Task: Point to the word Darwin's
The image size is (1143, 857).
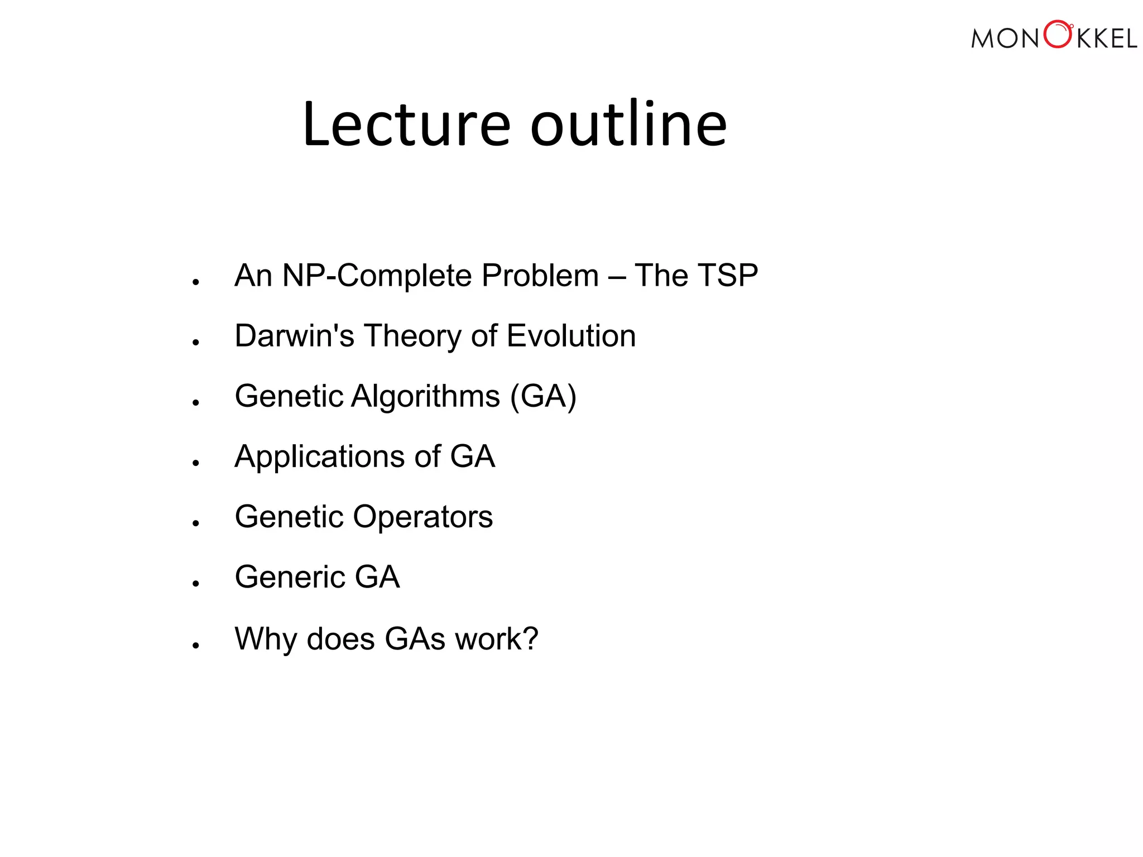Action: (294, 336)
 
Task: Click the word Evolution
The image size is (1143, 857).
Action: (571, 336)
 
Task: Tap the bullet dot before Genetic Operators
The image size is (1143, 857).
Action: (195, 523)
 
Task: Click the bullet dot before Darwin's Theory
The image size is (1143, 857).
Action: (195, 343)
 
